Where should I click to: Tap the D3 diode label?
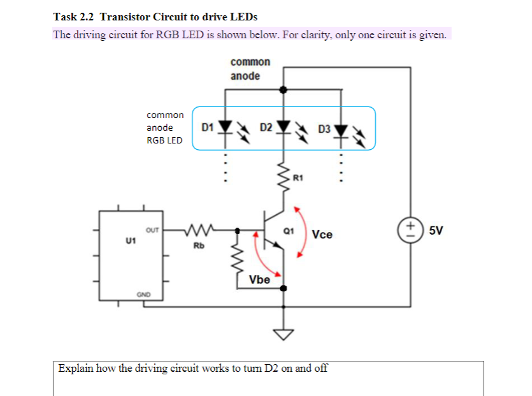[324, 129]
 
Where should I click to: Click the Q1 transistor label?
[287, 231]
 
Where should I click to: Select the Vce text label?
[322, 235]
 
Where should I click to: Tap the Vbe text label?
[259, 279]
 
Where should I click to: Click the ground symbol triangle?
[284, 334]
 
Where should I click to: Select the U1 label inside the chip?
[131, 241]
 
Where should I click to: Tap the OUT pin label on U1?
[152, 228]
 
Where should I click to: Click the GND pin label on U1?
[143, 294]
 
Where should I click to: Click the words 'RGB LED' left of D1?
[164, 140]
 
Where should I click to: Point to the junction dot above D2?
[284, 90]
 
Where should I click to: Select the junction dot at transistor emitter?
[284, 288]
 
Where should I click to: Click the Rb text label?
[199, 245]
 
